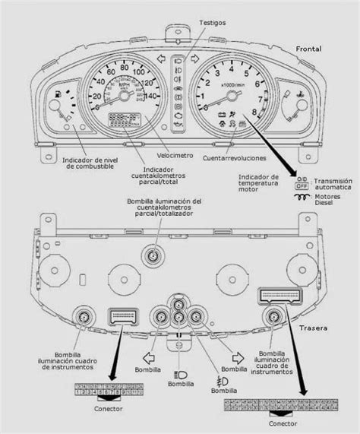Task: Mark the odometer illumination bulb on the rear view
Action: coord(154,258)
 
